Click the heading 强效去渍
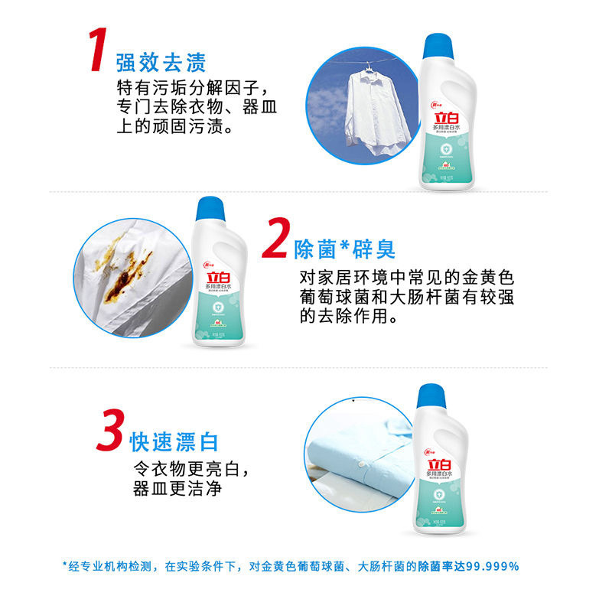pos(161,61)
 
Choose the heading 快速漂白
pos(174,441)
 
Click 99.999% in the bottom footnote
pos(490,567)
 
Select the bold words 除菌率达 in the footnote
pos(438,567)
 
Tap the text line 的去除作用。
pos(349,315)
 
